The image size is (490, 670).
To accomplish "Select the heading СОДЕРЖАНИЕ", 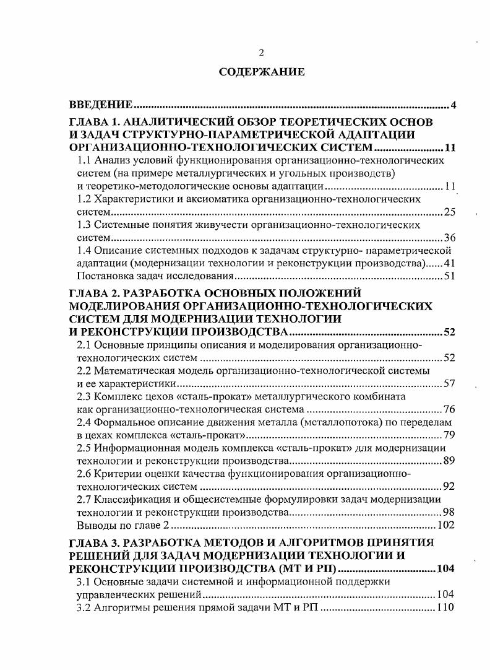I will [x=261, y=72].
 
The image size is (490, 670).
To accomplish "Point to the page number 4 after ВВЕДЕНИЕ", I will [x=453, y=105].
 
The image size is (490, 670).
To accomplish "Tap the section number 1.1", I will [x=84, y=160].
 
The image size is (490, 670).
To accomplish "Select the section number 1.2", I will [x=84, y=199].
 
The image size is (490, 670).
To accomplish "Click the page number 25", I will [x=450, y=212].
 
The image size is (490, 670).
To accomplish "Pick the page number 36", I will [x=450, y=238].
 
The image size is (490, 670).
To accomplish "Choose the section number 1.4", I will [x=84, y=251].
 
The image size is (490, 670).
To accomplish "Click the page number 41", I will [x=450, y=263].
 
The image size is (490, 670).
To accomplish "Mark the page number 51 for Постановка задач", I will [x=450, y=276].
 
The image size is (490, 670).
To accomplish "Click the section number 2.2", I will [x=84, y=371].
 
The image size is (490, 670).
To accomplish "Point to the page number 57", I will [x=450, y=384].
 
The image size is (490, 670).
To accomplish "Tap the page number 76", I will [x=450, y=410].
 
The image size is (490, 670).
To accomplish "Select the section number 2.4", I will [x=84, y=422].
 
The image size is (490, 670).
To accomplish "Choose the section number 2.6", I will [x=84, y=474].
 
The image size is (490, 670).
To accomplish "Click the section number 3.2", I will [x=84, y=607].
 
